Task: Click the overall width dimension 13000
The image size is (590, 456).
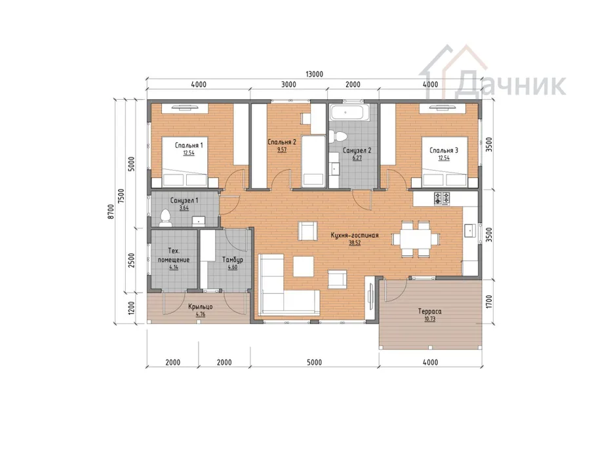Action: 314,74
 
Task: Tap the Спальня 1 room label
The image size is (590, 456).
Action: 189,146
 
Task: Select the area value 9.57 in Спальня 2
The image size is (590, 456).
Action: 281,150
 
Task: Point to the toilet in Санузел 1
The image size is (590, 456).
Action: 165,218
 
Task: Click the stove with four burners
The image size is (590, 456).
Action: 442,198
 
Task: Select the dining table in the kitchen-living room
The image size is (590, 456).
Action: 416,239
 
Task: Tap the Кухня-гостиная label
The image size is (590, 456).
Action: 355,236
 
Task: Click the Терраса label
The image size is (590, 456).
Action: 429,312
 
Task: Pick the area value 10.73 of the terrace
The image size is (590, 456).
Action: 429,319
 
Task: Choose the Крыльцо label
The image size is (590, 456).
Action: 200,306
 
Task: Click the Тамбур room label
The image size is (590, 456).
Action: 233,260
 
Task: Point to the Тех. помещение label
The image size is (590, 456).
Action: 174,255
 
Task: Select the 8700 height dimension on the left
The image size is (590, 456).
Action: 110,212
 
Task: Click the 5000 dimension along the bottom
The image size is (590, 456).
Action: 314,362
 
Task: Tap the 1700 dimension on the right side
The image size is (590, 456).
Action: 489,302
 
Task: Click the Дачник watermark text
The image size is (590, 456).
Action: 510,85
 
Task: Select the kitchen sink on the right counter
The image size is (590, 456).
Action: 470,230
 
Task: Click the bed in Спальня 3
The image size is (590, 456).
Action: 444,162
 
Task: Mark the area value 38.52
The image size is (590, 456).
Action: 355,243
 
